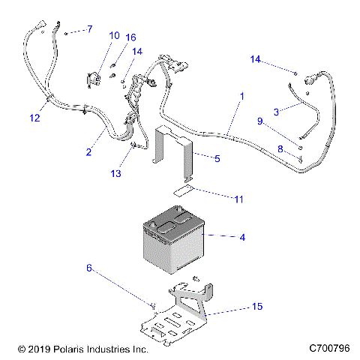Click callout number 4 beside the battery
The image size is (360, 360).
tap(241, 238)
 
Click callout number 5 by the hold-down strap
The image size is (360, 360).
tap(217, 159)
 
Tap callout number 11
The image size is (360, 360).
tap(238, 199)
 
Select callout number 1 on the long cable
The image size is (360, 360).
tap(241, 97)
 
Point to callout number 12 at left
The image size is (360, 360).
tap(34, 117)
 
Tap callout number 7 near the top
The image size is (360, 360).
tap(89, 29)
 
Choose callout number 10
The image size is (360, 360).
tap(114, 35)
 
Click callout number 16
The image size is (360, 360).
tap(131, 37)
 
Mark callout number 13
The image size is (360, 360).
tap(115, 174)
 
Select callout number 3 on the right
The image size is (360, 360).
tap(276, 112)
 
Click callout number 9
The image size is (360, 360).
tap(260, 121)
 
